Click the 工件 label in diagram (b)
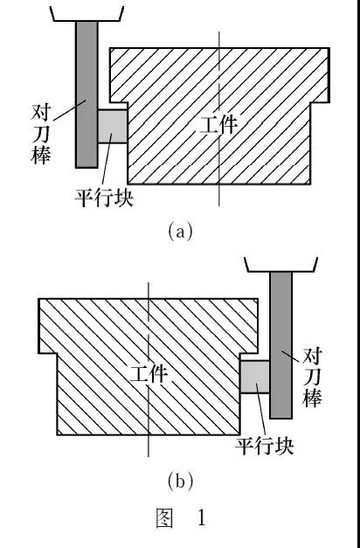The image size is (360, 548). pos(149,375)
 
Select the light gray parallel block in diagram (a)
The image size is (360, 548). pos(113,126)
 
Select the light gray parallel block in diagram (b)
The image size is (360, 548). pos(254,378)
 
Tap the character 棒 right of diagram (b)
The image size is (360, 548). pos(312,399)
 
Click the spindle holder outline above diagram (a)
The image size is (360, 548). pos(86,12)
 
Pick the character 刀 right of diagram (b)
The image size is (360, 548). pos(312,378)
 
